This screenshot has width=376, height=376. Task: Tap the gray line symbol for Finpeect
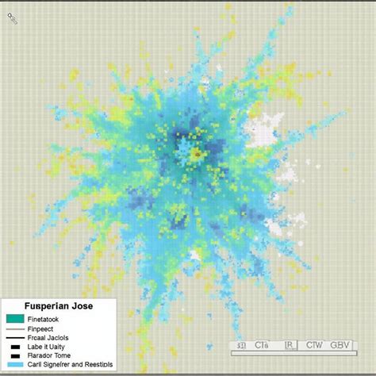15,328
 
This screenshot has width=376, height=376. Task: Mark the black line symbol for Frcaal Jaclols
15,338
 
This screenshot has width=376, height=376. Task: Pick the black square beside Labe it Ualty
15,347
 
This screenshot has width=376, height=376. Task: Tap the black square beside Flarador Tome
15,355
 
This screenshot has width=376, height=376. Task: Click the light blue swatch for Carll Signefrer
15,365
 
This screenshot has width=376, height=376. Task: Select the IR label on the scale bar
291,345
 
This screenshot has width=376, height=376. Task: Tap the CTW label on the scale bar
315,345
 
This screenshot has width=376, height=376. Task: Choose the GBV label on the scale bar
340,345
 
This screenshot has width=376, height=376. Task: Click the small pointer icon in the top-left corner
13,17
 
